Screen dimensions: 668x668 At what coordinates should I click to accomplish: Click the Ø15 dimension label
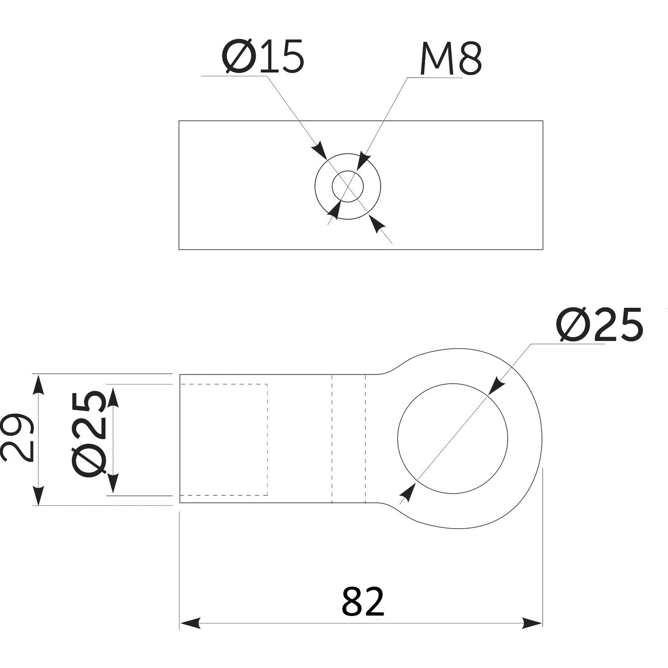click(x=262, y=56)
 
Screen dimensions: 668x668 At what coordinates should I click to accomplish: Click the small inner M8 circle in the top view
click(x=348, y=186)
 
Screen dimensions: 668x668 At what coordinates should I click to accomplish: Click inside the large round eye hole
click(x=453, y=438)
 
